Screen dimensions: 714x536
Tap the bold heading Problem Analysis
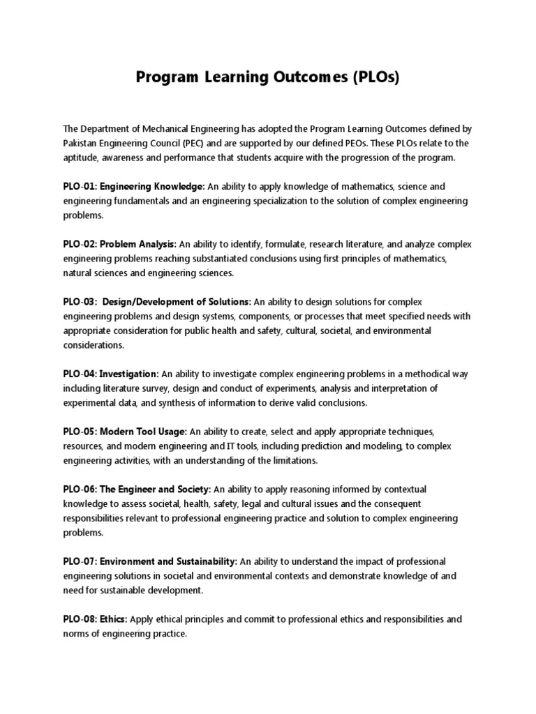(x=138, y=245)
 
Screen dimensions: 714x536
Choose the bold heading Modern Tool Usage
(x=143, y=432)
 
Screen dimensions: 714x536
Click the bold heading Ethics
(x=113, y=619)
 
